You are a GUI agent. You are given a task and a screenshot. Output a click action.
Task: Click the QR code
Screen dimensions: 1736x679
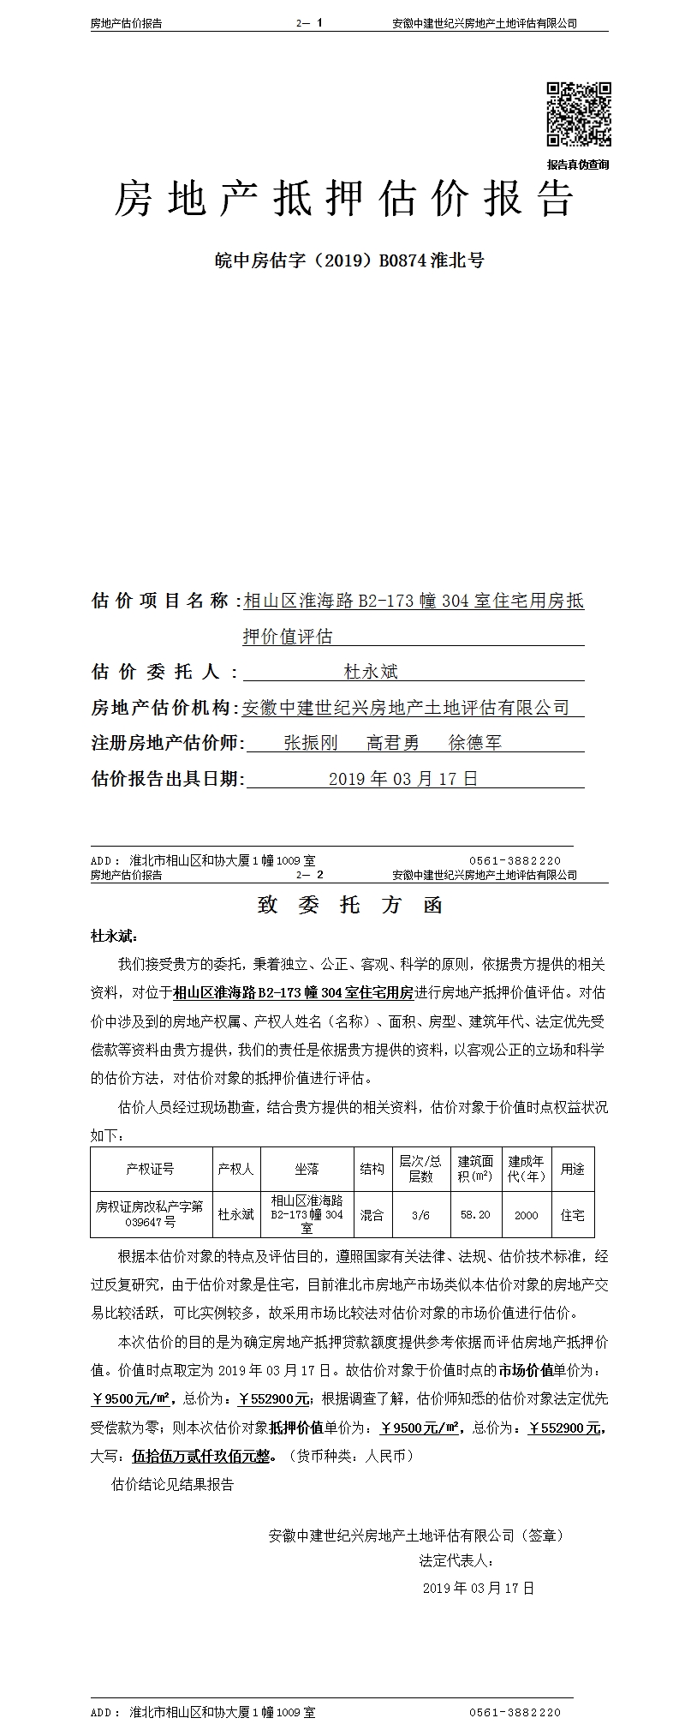pyautogui.click(x=579, y=114)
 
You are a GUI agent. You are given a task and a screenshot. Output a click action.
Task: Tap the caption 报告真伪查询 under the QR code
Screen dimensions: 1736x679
pyautogui.click(x=579, y=165)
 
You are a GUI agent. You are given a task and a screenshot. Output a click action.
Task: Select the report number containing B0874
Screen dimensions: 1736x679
pyautogui.click(x=348, y=260)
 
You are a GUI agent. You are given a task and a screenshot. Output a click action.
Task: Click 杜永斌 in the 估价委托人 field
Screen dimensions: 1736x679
pyautogui.click(x=371, y=672)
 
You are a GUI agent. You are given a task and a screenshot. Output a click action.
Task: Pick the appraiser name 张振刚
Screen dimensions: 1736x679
pyautogui.click(x=311, y=743)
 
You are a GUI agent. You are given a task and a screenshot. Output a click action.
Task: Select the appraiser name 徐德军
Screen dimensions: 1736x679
pyautogui.click(x=475, y=743)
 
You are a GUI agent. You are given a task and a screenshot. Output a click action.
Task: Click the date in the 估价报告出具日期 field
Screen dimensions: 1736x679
pyautogui.click(x=402, y=779)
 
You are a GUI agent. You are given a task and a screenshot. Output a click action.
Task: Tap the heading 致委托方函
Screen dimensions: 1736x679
pyautogui.click(x=349, y=906)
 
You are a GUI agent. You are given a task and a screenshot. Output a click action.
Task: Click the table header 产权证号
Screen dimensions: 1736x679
pyautogui.click(x=150, y=1169)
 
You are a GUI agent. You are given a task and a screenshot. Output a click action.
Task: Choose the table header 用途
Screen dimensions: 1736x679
pyautogui.click(x=572, y=1169)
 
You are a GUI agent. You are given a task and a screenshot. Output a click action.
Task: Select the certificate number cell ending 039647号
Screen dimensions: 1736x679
pyautogui.click(x=150, y=1213)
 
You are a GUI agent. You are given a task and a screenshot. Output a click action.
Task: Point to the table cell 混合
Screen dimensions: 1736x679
pyautogui.click(x=372, y=1214)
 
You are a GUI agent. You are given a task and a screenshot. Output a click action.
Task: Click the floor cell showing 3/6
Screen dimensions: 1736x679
pyautogui.click(x=420, y=1214)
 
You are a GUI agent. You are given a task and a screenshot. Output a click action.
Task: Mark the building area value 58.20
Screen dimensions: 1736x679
pyautogui.click(x=475, y=1214)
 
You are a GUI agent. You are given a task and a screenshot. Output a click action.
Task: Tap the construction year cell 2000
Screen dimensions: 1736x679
pyautogui.click(x=527, y=1214)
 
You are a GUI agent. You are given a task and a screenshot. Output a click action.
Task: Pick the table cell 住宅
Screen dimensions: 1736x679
pyautogui.click(x=572, y=1214)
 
